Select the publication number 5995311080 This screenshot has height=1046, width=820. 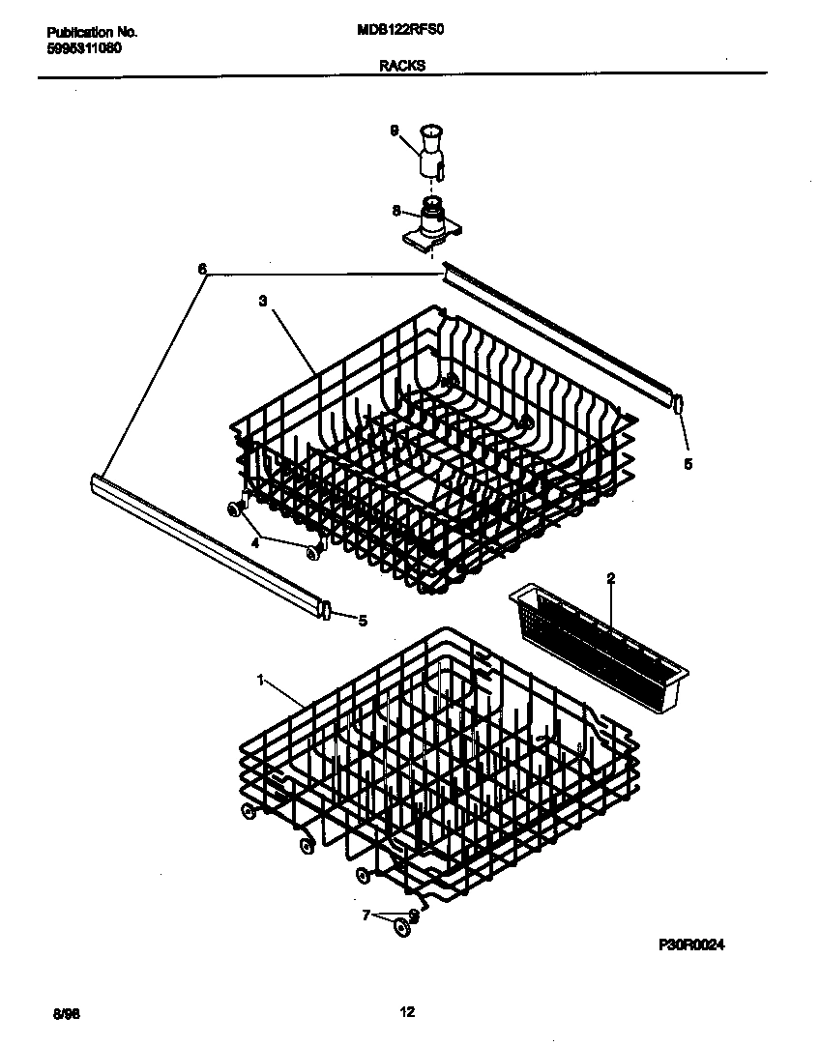(84, 48)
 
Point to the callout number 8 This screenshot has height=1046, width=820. (395, 209)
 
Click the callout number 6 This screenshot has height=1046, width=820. (202, 271)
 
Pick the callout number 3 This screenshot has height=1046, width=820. (262, 302)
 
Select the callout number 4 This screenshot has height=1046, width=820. (255, 542)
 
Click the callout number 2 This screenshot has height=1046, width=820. (611, 579)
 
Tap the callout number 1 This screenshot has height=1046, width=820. (260, 681)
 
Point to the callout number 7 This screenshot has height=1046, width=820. (366, 915)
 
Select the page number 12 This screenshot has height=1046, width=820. (407, 1012)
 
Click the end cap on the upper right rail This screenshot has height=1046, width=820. (679, 403)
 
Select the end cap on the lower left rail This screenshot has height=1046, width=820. (327, 611)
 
